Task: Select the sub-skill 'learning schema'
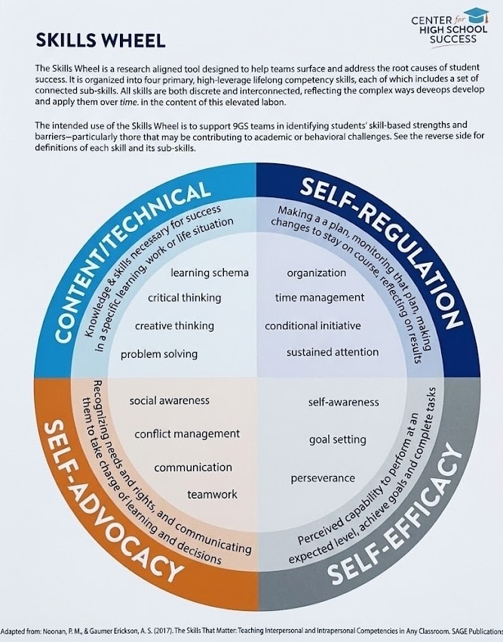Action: click(210, 273)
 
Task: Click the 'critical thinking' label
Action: click(185, 298)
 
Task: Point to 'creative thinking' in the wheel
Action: click(174, 326)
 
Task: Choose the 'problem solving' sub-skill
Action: click(159, 353)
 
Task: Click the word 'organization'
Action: click(317, 273)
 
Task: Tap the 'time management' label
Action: click(320, 298)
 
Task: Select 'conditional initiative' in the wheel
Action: click(313, 326)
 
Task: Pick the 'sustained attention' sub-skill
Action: click(333, 352)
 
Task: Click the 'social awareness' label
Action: click(170, 400)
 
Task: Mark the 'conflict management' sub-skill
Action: click(187, 434)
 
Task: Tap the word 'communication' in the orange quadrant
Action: click(193, 468)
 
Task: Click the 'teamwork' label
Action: click(212, 494)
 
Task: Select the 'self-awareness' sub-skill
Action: click(344, 402)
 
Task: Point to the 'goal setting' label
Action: click(337, 439)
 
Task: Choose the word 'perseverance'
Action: click(323, 478)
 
